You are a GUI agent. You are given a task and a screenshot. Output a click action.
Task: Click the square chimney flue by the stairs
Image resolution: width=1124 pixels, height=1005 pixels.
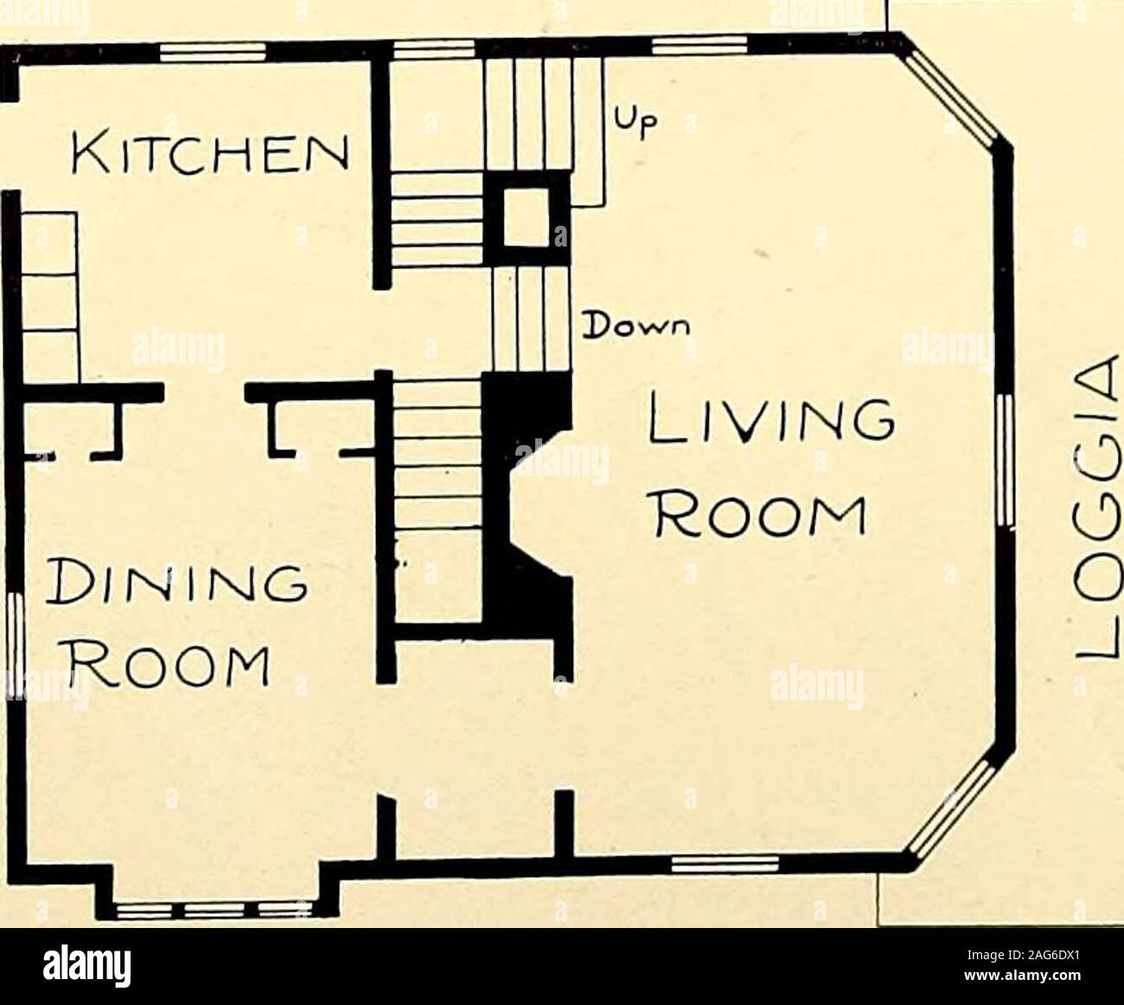[526, 216]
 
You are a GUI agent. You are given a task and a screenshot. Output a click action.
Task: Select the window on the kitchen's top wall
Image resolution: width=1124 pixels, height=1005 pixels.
[213, 54]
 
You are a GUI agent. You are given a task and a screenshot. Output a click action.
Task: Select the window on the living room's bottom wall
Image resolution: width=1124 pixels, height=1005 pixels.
[725, 864]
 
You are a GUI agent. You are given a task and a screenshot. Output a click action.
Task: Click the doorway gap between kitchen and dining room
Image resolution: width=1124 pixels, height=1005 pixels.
[204, 392]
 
